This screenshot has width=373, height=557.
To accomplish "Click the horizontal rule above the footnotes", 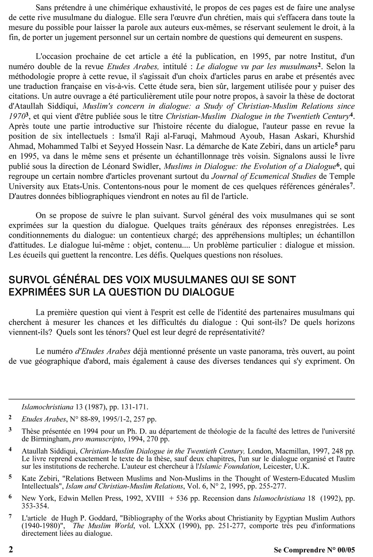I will [182, 399].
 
